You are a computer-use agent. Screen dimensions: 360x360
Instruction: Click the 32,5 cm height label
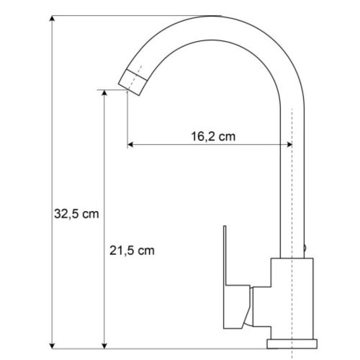(76, 214)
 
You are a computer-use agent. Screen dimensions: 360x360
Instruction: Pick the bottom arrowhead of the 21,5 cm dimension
(106, 343)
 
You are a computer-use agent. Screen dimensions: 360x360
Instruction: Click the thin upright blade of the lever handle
(225, 256)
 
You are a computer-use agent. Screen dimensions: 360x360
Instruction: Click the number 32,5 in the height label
(67, 214)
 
